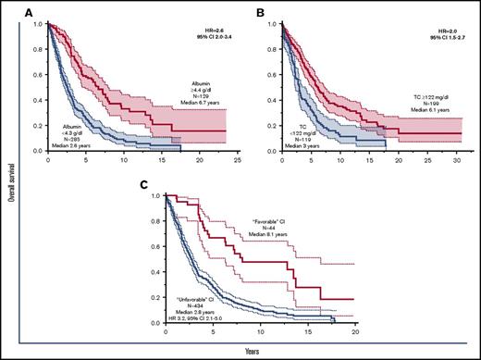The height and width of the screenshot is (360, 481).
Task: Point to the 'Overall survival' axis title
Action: tap(8, 178)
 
